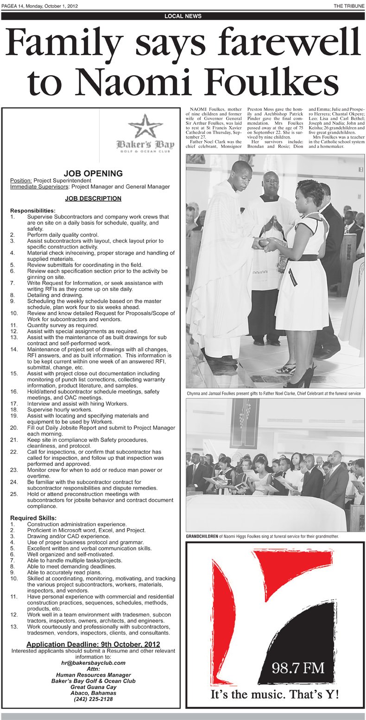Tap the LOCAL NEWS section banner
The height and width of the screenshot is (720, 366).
(x=183, y=16)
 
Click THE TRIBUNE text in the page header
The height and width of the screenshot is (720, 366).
(x=349, y=6)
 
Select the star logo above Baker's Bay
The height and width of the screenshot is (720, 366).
(x=145, y=126)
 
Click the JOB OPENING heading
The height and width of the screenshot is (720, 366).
(x=93, y=174)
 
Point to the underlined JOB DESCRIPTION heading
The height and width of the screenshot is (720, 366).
(x=93, y=199)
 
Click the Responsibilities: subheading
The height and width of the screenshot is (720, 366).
(x=33, y=211)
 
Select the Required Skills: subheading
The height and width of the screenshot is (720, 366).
(x=33, y=518)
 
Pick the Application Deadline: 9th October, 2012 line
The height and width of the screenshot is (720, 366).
(x=93, y=644)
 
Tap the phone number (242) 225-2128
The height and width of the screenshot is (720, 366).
(x=93, y=699)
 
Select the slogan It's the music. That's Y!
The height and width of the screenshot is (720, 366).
(x=275, y=694)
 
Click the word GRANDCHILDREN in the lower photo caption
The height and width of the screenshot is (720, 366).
(x=202, y=536)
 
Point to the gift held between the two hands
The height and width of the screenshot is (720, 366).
(x=263, y=242)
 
